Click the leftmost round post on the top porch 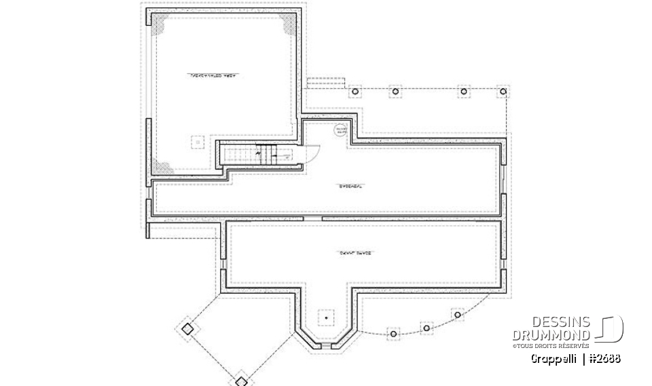354,91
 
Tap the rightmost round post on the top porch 503,91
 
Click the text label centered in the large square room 215,75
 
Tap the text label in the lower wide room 348,252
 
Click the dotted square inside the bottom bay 327,317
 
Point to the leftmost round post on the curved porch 392,332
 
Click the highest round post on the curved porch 457,314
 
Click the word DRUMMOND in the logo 550,335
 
